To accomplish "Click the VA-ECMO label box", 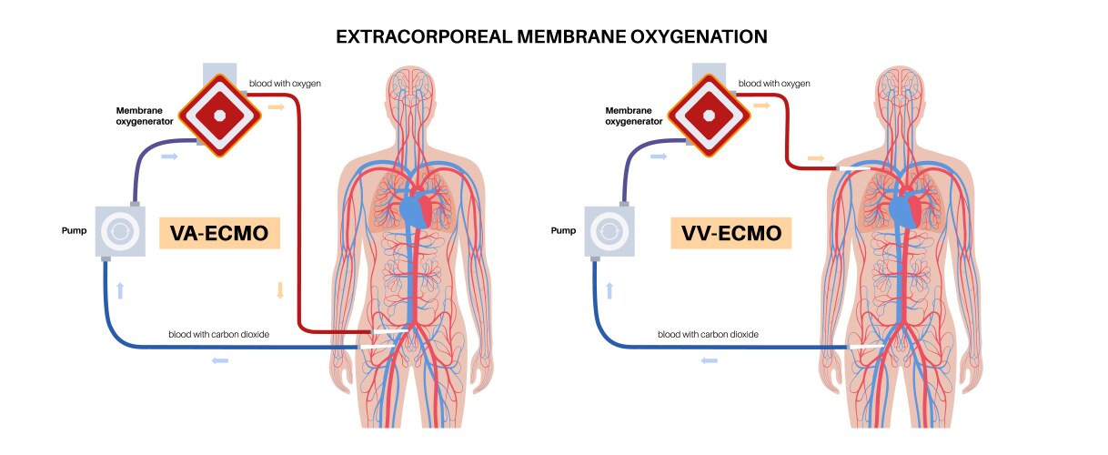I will (x=218, y=233).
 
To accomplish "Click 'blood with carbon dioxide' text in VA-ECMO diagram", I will (x=218, y=334).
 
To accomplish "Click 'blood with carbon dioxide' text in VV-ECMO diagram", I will (x=708, y=334).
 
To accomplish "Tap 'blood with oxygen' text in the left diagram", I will (x=285, y=83).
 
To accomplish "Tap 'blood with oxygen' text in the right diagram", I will (x=774, y=83).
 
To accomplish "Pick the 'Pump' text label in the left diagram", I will (x=74, y=230).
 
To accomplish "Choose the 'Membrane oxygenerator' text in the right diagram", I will (x=634, y=115).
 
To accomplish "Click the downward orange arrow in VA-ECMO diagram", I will (x=279, y=291).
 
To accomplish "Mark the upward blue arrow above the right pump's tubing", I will (x=609, y=291).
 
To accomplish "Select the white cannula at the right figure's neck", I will (x=855, y=168).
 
